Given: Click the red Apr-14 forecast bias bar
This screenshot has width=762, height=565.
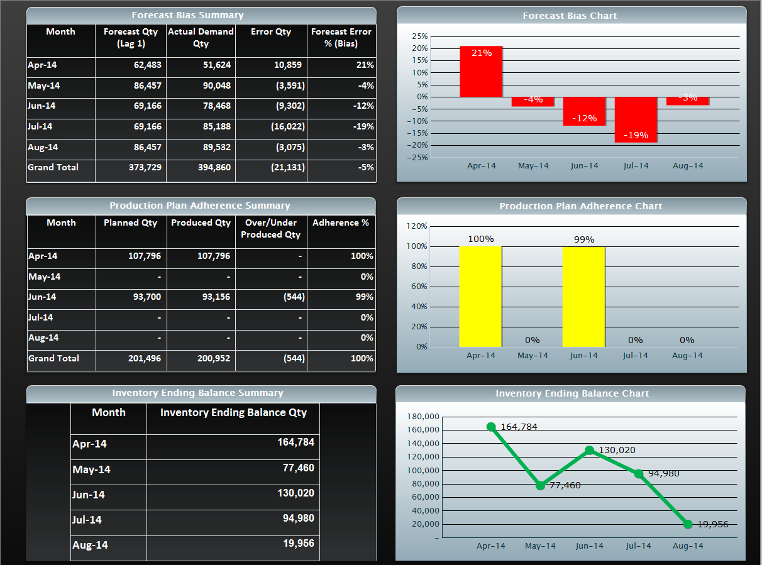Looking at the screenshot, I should click(481, 72).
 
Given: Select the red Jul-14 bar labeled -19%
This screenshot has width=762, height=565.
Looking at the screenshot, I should click(636, 119).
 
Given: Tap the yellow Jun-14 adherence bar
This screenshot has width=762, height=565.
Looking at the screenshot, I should click(583, 297).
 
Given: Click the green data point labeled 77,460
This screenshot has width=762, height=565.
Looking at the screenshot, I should click(540, 485).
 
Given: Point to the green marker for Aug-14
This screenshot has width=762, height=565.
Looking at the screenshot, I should click(688, 524).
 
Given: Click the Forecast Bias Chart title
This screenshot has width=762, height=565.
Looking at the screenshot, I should click(570, 16).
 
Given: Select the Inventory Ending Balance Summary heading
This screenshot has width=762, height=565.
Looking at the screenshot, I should click(197, 393).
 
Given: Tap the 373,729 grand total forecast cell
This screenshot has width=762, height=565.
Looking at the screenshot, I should click(138, 167).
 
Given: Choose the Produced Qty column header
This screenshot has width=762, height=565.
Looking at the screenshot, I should click(201, 222).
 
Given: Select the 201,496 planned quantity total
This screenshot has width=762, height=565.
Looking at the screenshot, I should click(139, 358).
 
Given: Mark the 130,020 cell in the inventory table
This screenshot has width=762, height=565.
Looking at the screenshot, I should click(295, 493).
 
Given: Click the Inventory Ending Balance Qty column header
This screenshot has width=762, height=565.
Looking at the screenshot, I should click(233, 412).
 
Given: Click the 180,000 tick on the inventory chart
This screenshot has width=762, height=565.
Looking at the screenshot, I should click(423, 417).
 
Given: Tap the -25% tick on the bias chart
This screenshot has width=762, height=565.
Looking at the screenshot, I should click(419, 157).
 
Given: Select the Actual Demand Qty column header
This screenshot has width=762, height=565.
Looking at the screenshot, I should click(201, 37).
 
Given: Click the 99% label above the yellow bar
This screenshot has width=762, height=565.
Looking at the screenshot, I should click(584, 239).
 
